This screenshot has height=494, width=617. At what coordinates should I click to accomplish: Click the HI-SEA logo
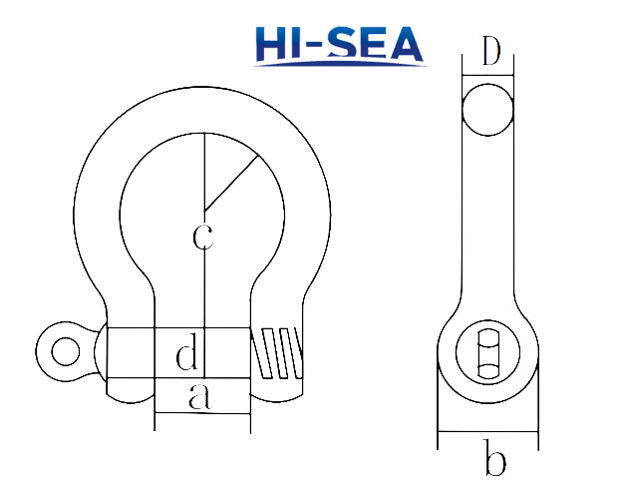click(339, 44)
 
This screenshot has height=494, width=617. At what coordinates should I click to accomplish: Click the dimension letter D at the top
click(488, 53)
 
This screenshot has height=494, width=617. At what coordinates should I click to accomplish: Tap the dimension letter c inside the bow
click(202, 237)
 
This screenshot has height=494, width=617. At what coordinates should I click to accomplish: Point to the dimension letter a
click(200, 397)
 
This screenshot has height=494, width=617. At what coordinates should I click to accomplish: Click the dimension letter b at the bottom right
click(494, 461)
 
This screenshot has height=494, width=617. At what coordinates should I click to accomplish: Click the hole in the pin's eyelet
click(66, 350)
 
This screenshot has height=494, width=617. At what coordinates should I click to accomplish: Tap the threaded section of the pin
click(279, 352)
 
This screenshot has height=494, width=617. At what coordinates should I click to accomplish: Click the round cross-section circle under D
click(488, 107)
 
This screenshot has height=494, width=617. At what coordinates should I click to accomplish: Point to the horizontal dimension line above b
click(488, 433)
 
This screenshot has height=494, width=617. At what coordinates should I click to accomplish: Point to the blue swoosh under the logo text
click(339, 64)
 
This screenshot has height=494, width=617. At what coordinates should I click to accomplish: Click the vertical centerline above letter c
click(202, 170)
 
